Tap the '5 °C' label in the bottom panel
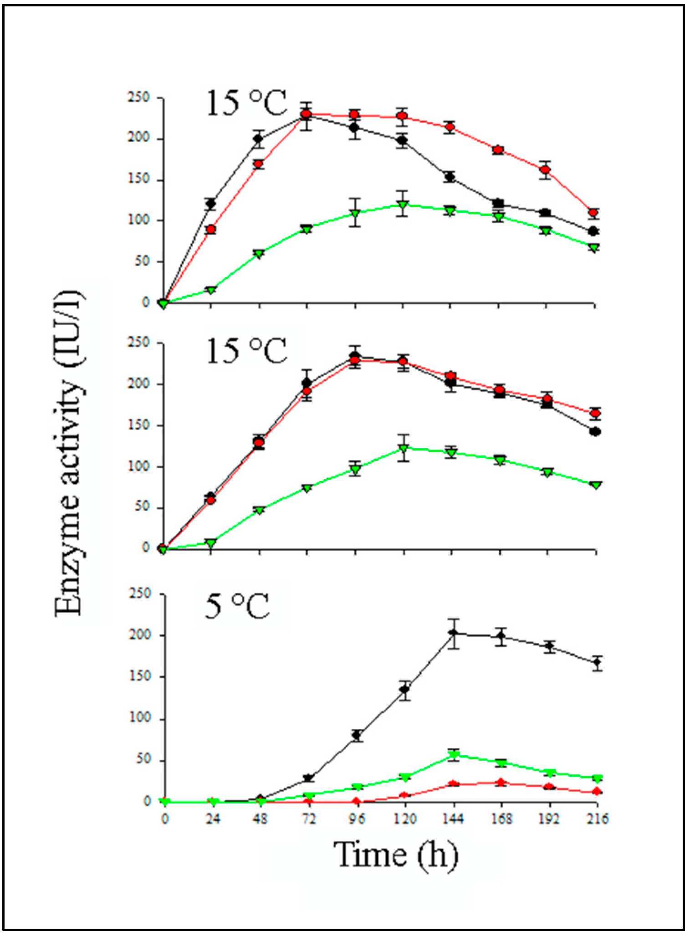coord(237,607)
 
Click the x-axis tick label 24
coord(213,819)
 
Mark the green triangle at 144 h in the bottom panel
coord(453,755)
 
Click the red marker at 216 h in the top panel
coord(593,212)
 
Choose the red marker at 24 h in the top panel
coord(210,229)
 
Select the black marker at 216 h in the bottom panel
coord(597,663)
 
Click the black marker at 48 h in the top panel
coord(258,139)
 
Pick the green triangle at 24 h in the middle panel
coord(210,543)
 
